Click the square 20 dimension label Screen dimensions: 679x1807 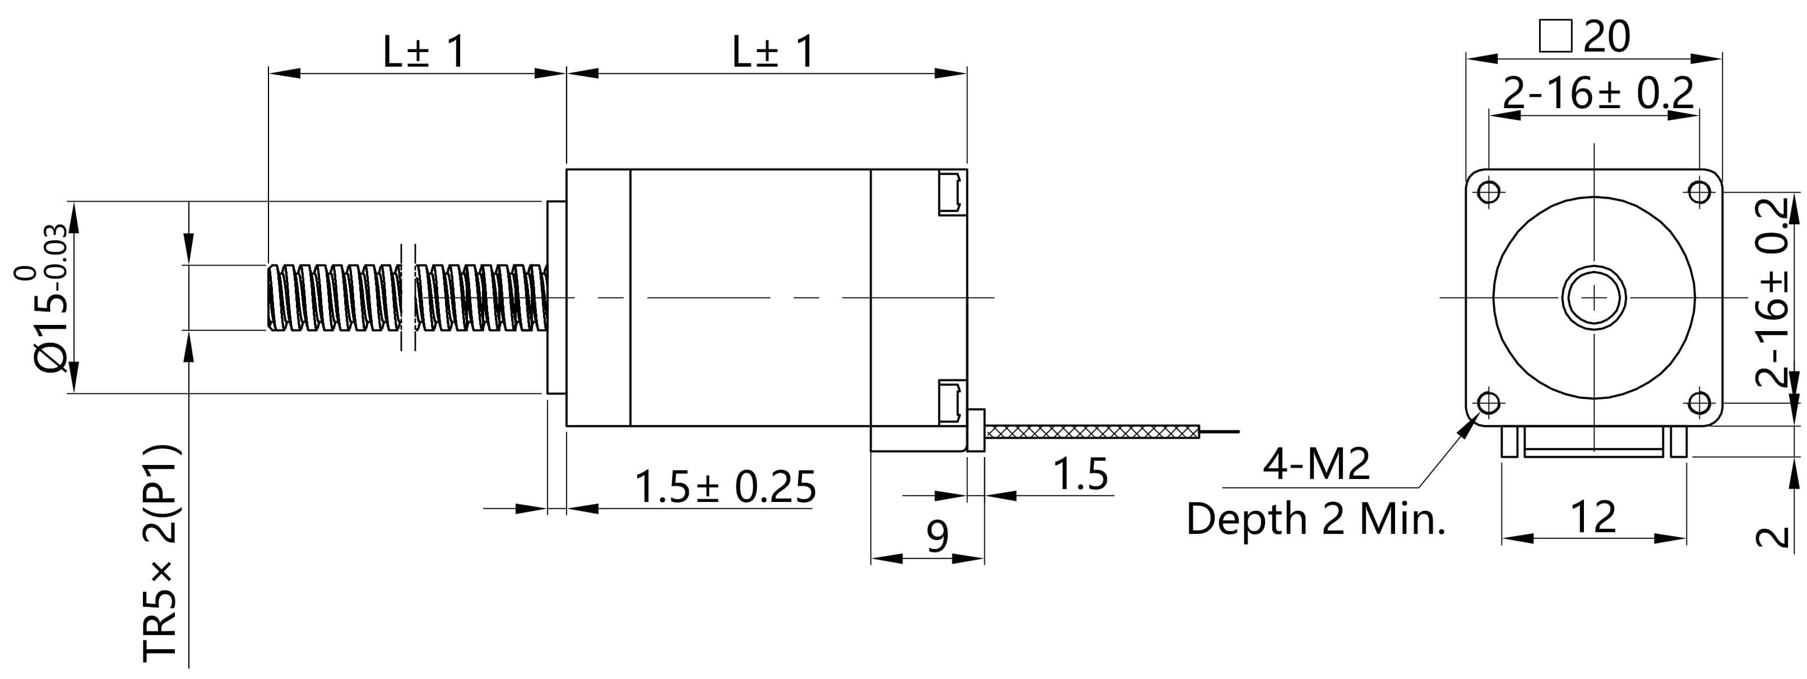[x=1584, y=36]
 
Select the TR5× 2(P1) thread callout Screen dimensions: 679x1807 [x=161, y=554]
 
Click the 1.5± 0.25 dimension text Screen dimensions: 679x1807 [x=725, y=487]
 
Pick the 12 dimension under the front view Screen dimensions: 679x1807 [x=1593, y=518]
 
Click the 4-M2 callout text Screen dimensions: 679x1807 [x=1316, y=464]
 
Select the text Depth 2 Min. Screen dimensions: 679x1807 [x=1316, y=520]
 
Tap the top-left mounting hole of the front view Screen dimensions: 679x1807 [x=1489, y=192]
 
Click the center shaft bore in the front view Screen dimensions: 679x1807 [x=1594, y=297]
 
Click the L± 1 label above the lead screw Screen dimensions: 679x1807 [x=424, y=52]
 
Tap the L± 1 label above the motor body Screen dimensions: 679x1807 [x=772, y=52]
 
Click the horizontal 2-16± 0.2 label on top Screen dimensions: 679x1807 [x=1598, y=94]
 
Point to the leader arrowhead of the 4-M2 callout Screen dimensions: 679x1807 [x=1467, y=427]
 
